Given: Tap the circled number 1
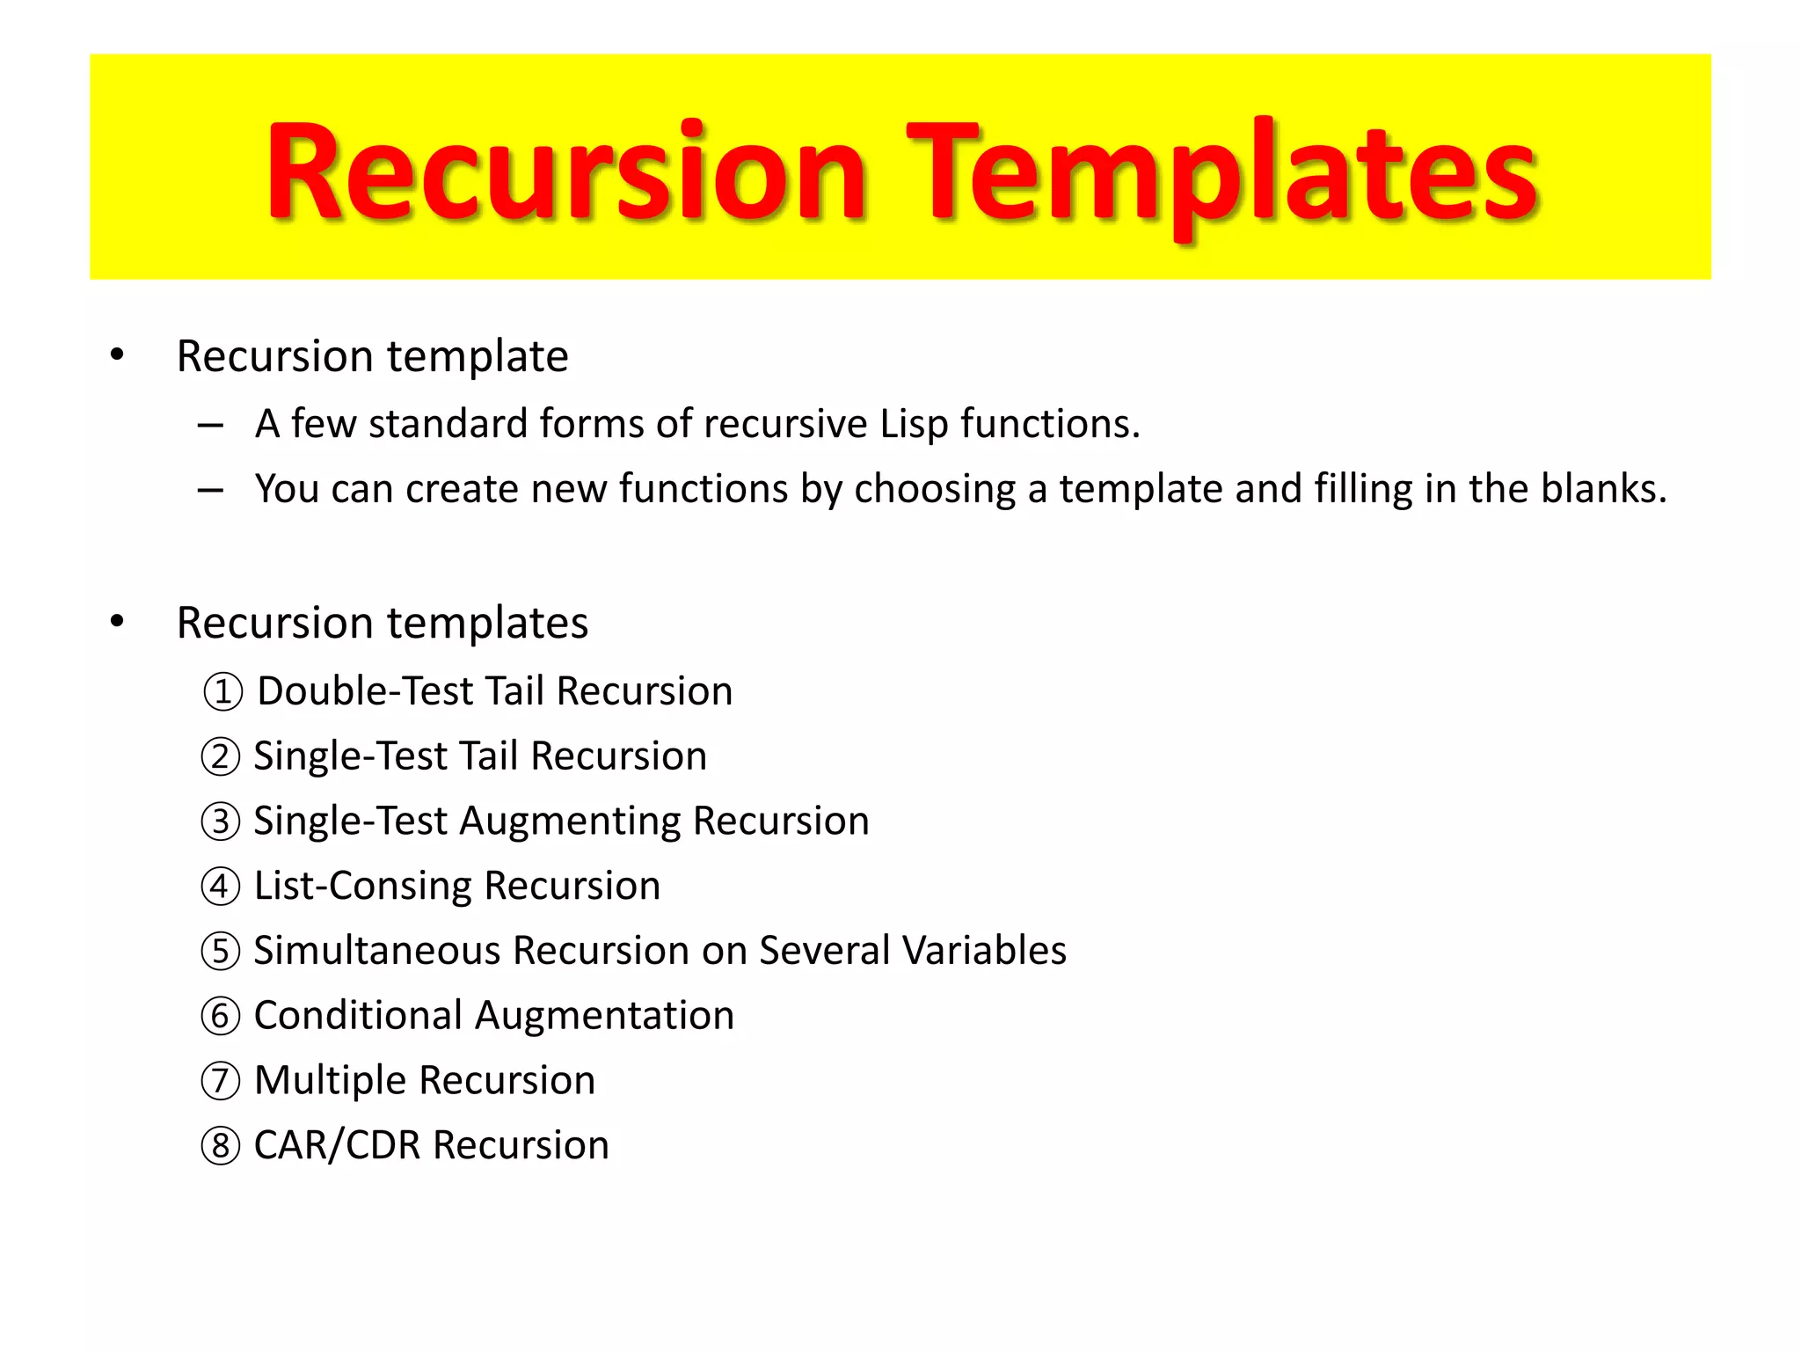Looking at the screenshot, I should click(x=222, y=691).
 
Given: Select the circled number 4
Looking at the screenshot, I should click(x=220, y=887).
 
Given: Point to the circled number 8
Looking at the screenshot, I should click(x=220, y=1146).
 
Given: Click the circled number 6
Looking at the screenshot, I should click(x=220, y=1016).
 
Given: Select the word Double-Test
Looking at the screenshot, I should click(x=365, y=691).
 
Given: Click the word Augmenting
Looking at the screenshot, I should click(x=570, y=822).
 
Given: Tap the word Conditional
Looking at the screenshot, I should click(x=358, y=1016).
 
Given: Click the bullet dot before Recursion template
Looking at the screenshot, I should click(x=117, y=355).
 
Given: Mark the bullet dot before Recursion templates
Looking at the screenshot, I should click(x=117, y=622).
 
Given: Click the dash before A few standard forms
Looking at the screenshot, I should click(x=210, y=426).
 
